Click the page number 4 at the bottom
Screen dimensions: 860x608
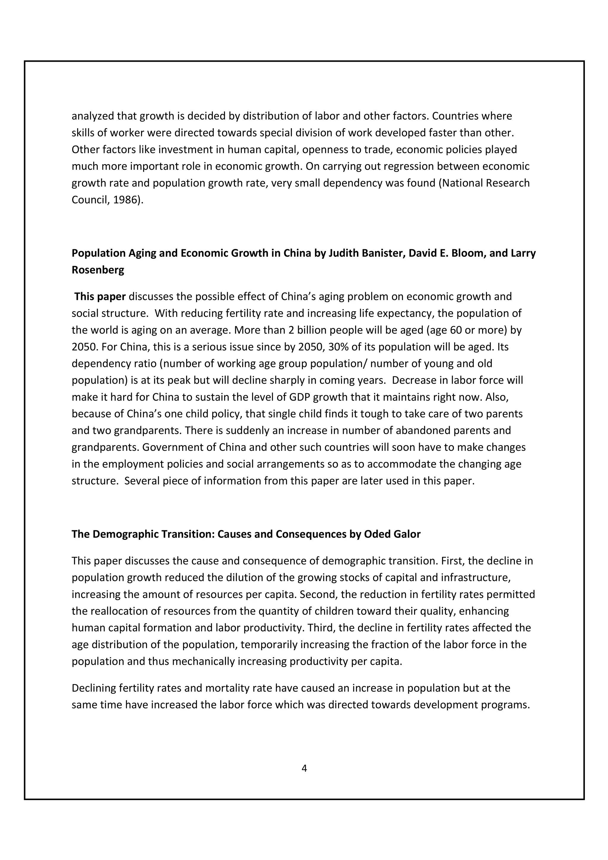click(304, 768)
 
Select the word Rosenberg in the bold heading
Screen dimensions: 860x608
click(98, 270)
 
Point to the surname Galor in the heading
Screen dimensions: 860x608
click(407, 534)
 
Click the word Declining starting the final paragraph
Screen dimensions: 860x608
click(94, 688)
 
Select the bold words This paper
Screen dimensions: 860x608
click(100, 297)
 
